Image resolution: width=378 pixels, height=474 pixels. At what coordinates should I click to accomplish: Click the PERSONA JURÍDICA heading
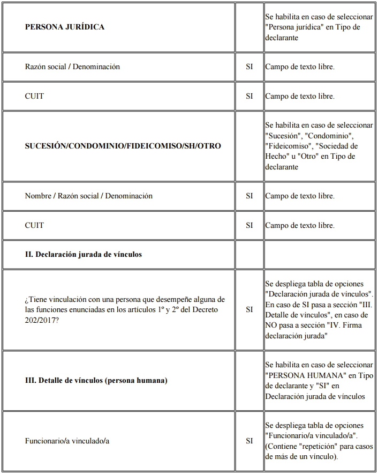(x=65, y=27)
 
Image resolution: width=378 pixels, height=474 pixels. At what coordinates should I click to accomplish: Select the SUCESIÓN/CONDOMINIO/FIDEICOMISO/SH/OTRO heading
(x=123, y=146)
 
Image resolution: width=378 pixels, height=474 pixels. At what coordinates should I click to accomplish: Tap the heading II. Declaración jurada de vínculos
(x=83, y=254)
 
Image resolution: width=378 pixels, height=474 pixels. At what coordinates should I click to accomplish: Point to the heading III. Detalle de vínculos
(x=96, y=381)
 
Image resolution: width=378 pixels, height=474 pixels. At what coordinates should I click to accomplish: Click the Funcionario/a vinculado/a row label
(x=67, y=441)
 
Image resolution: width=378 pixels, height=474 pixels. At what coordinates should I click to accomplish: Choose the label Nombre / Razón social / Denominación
(x=88, y=196)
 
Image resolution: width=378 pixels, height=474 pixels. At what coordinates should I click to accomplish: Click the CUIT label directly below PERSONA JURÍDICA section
(x=34, y=97)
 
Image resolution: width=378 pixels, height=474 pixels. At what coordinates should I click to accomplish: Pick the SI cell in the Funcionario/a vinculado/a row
(x=249, y=441)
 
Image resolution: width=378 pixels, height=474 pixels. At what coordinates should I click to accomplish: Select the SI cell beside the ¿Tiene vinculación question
(x=249, y=309)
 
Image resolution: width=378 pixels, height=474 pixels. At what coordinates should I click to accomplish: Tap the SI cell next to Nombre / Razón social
(x=249, y=196)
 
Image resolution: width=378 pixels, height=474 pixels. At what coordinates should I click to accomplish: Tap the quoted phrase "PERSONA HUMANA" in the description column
(x=304, y=375)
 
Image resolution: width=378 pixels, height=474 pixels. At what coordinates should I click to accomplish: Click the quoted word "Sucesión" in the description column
(x=283, y=136)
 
